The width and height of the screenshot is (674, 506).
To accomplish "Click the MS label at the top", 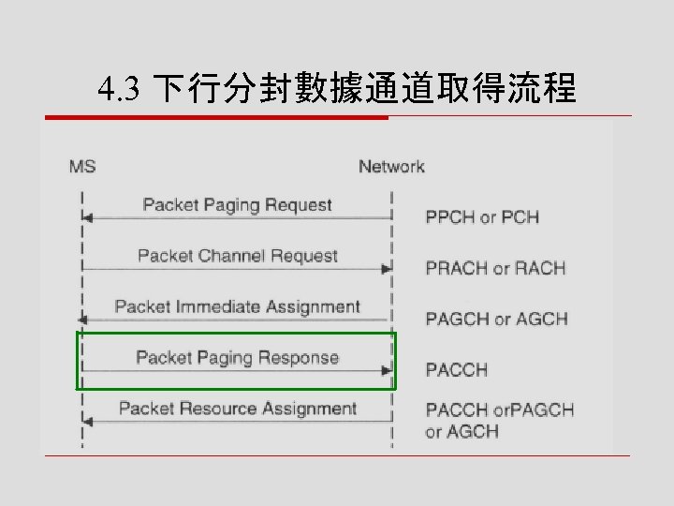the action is (82, 167).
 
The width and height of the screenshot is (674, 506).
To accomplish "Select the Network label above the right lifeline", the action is (391, 167).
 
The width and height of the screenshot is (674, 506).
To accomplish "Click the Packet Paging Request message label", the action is (237, 204).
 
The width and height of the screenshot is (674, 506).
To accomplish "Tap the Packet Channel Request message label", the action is (237, 256).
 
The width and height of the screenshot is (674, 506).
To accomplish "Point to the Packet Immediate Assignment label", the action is (237, 306).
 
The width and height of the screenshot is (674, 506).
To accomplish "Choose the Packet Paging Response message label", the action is (237, 357).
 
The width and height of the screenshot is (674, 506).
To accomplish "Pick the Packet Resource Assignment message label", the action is (237, 409).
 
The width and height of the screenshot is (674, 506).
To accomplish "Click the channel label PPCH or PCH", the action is (482, 217).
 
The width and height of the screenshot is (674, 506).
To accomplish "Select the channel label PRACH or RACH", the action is (495, 268).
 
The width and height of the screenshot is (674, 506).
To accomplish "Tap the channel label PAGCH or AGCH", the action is (496, 319).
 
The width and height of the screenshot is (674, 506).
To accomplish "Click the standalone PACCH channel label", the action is (457, 370).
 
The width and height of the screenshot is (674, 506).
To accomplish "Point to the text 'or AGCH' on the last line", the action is (462, 432).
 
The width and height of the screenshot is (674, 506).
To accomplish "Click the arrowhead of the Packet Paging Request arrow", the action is (87, 217).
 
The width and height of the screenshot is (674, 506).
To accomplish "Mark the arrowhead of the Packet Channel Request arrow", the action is (386, 269).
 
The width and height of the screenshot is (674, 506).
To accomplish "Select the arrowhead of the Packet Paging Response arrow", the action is (386, 370).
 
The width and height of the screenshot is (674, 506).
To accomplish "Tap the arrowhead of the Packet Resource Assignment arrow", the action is (87, 422).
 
